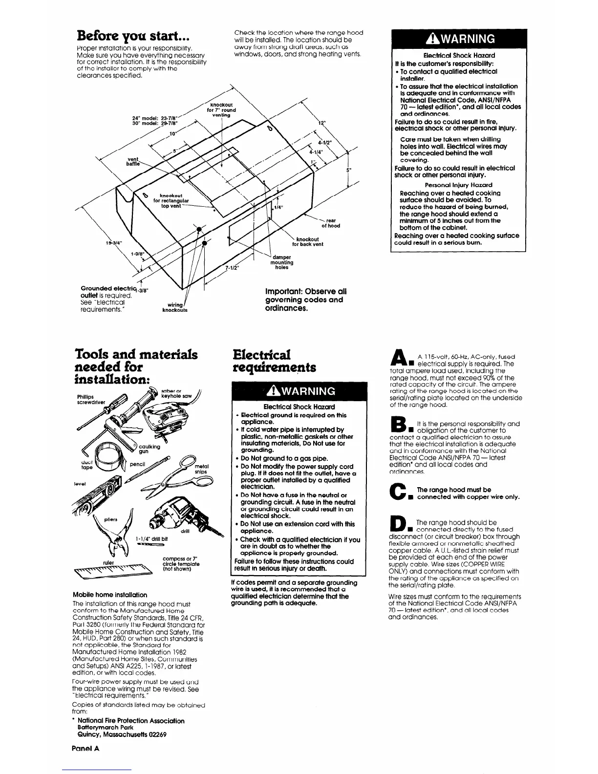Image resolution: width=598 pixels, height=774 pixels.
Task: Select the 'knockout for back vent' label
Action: click(x=307, y=242)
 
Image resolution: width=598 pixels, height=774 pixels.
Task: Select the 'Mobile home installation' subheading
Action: click(x=109, y=595)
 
